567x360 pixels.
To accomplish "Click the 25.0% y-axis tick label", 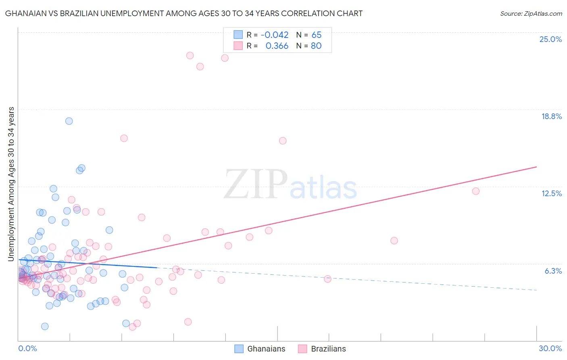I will [x=550, y=39].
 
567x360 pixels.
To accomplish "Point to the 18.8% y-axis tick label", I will [x=551, y=116].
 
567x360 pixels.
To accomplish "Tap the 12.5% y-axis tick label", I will [x=551, y=193].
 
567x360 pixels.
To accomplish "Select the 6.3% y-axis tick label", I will [x=553, y=271].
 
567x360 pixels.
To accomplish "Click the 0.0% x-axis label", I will [x=27, y=348].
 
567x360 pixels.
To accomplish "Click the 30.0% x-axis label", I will [x=550, y=348].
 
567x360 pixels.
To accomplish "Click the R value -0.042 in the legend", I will [x=275, y=35].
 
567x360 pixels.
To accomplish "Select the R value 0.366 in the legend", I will [x=277, y=46].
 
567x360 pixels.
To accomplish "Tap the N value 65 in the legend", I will [x=316, y=35].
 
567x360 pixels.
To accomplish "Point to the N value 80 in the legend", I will [x=316, y=46].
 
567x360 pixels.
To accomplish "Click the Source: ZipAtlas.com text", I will [x=531, y=13].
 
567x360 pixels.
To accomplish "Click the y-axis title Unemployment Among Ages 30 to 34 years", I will [x=11, y=184].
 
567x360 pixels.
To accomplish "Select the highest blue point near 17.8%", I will [x=69, y=121].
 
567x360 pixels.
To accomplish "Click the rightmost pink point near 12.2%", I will [x=475, y=191].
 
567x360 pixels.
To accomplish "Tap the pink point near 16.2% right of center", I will [x=283, y=141].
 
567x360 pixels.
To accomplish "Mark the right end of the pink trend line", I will [x=536, y=167].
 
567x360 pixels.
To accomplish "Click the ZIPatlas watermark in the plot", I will [x=290, y=185].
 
